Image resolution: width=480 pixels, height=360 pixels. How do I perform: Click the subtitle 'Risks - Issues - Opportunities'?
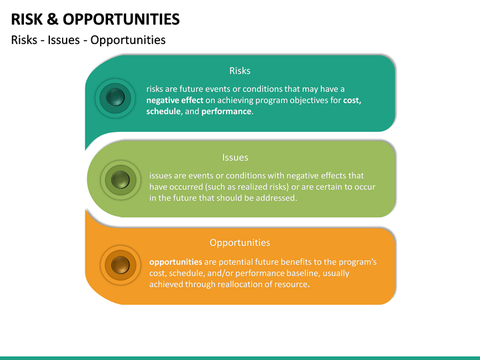[88, 40]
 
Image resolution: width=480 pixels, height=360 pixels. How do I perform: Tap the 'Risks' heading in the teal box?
[239, 71]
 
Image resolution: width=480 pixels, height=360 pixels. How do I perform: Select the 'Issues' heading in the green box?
[235, 157]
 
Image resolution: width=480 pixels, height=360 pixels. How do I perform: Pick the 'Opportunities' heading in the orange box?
[239, 243]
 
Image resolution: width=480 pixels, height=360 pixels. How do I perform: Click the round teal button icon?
[112, 98]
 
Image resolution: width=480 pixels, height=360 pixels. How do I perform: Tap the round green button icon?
[120, 179]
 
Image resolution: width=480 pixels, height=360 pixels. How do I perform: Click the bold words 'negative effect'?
[175, 100]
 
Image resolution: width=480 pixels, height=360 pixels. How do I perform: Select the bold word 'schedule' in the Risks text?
[163, 111]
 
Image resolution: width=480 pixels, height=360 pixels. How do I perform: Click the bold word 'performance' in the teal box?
[227, 111]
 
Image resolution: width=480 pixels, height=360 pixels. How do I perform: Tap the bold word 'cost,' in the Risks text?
[352, 100]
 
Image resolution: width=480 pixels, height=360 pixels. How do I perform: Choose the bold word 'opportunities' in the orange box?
[176, 262]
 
